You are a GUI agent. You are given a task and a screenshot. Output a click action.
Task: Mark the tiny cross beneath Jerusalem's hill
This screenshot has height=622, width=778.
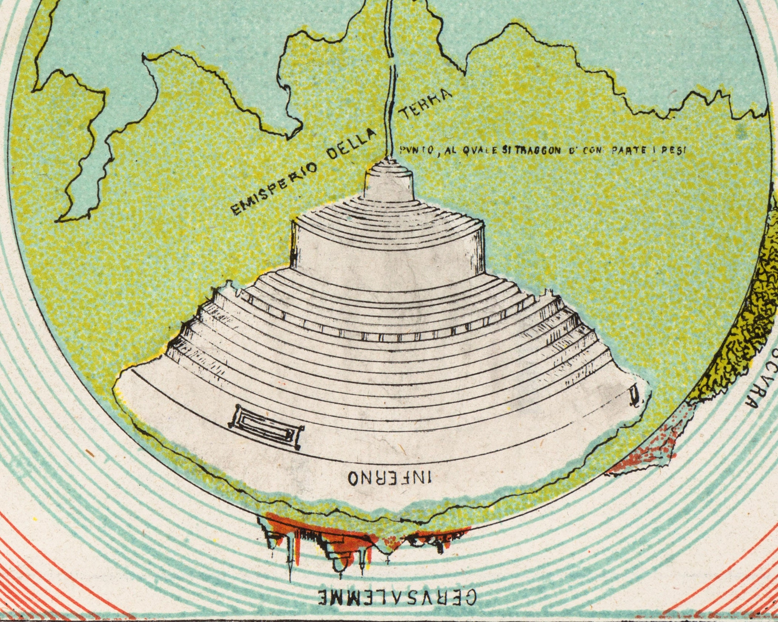click(387, 561)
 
